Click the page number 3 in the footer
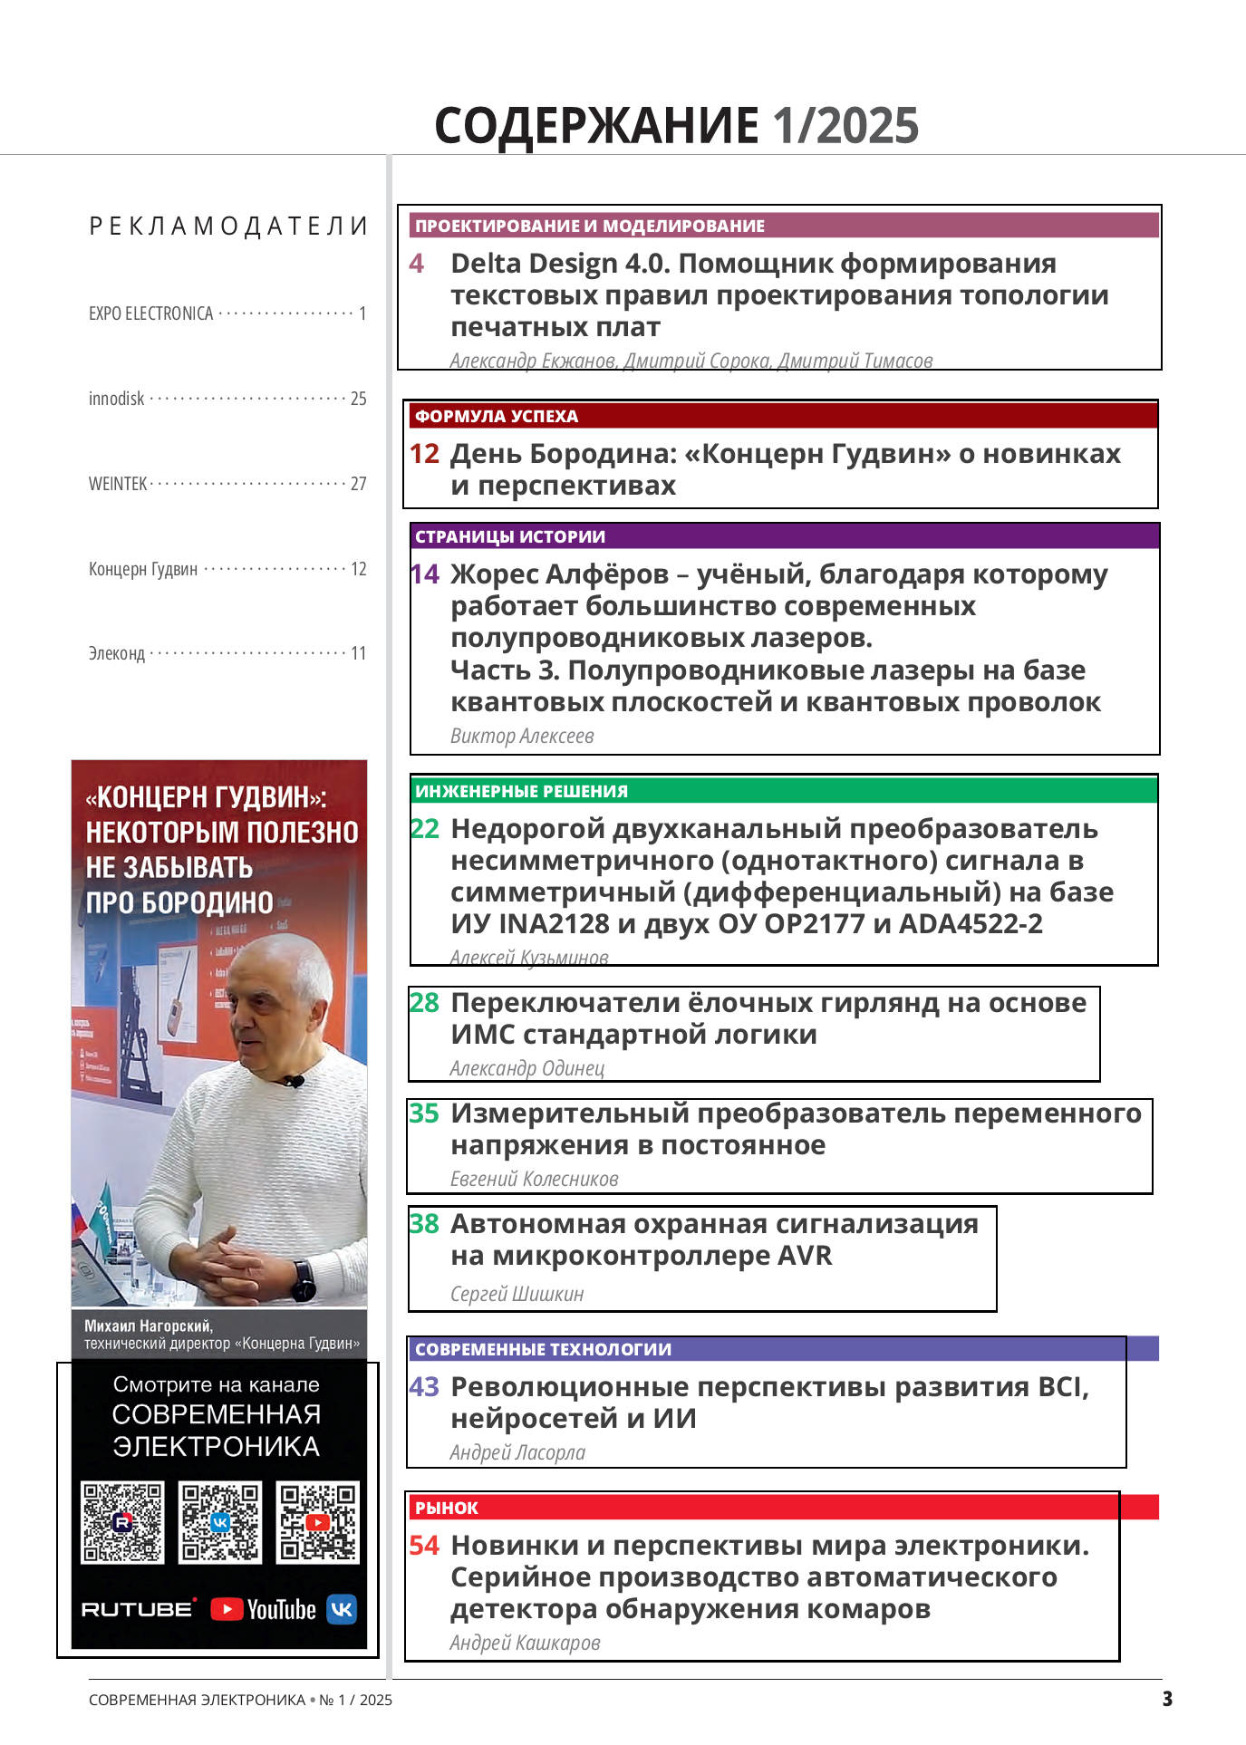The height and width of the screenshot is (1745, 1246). [x=1167, y=1699]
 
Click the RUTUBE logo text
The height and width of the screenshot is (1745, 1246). [x=138, y=1609]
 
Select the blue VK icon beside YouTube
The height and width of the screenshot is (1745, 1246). [x=342, y=1609]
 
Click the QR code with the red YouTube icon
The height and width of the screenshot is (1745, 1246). [x=317, y=1522]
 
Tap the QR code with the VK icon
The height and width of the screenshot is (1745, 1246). [x=220, y=1522]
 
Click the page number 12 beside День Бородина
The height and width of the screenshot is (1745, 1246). [x=424, y=454]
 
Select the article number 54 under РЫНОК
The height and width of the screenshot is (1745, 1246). [x=424, y=1546]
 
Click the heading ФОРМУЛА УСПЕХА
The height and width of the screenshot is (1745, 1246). [x=496, y=416]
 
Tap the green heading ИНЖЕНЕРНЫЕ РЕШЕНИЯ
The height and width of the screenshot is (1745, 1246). [x=521, y=791]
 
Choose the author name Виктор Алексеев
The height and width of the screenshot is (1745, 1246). [x=522, y=736]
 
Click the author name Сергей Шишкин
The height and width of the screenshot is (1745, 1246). [x=517, y=1294]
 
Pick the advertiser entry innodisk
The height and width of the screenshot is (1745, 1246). [x=117, y=399]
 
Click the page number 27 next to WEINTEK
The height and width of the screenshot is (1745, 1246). [x=359, y=484]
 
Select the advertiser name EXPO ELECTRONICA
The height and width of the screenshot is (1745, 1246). [x=150, y=313]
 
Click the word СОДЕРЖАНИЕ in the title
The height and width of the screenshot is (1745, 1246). [x=596, y=125]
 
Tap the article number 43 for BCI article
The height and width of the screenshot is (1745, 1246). [x=424, y=1387]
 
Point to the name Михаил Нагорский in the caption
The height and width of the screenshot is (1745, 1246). [x=149, y=1326]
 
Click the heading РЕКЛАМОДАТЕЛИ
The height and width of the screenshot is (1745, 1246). [x=228, y=226]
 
